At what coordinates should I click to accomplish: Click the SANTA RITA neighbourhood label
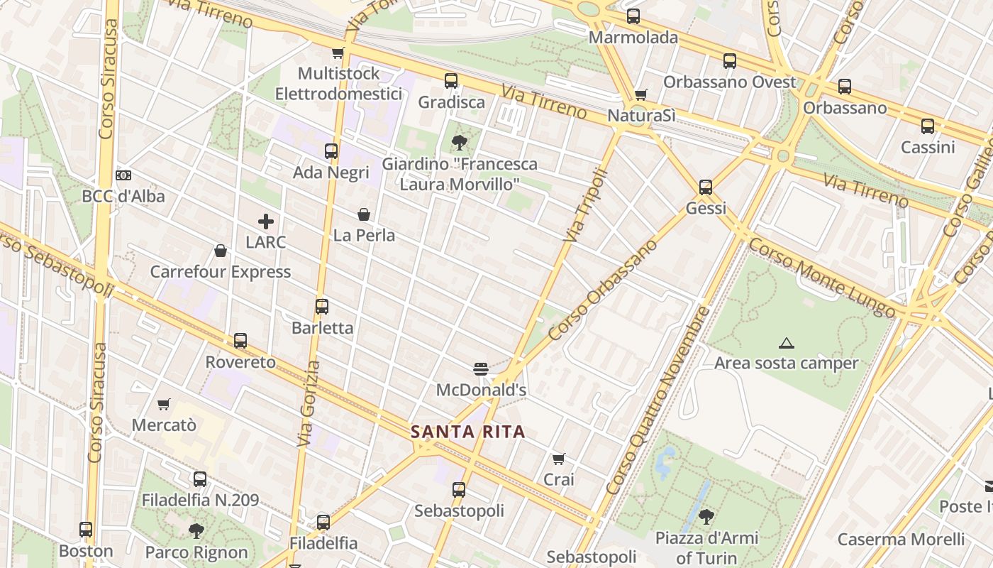pyautogui.click(x=468, y=432)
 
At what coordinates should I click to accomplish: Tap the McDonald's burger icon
pyautogui.click(x=481, y=368)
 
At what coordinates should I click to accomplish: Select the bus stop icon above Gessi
pyautogui.click(x=705, y=187)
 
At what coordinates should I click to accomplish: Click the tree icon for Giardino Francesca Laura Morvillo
pyautogui.click(x=460, y=142)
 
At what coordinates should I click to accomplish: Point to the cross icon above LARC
pyautogui.click(x=266, y=222)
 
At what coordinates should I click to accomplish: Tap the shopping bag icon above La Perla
pyautogui.click(x=364, y=214)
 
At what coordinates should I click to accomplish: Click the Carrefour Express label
pyautogui.click(x=221, y=272)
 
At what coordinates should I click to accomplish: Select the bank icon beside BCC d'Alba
pyautogui.click(x=123, y=175)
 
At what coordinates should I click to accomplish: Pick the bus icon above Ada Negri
pyautogui.click(x=331, y=151)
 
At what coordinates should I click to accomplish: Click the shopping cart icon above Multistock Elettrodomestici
pyautogui.click(x=338, y=53)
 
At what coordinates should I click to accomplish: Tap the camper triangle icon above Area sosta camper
pyautogui.click(x=786, y=344)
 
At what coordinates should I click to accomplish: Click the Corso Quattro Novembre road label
pyautogui.click(x=658, y=401)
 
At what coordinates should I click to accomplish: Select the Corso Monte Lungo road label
pyautogui.click(x=821, y=278)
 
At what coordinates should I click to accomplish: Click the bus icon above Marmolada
pyautogui.click(x=633, y=16)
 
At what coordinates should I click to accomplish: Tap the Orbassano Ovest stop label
pyautogui.click(x=730, y=82)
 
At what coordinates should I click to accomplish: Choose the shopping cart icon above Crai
pyautogui.click(x=559, y=459)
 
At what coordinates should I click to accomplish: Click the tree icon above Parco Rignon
pyautogui.click(x=196, y=530)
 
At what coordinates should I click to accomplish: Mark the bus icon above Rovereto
pyautogui.click(x=240, y=341)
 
